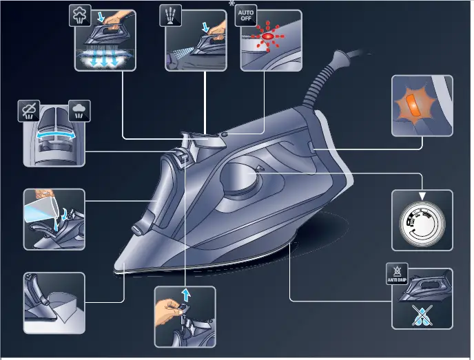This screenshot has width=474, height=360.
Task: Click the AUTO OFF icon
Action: (x=245, y=17)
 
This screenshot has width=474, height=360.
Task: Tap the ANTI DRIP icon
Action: (x=397, y=274)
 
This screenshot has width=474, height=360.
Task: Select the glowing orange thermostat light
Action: (x=411, y=106)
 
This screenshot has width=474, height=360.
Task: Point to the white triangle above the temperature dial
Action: (x=422, y=197)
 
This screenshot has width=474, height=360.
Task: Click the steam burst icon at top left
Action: (x=80, y=16)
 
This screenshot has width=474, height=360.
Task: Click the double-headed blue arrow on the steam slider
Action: (x=54, y=137)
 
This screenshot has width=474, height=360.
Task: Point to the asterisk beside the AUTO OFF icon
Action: (x=232, y=4)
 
